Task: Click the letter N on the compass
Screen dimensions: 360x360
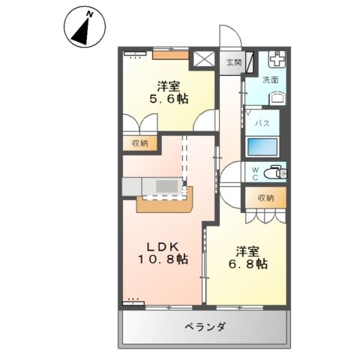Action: (90, 14)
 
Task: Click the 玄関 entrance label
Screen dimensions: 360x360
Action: (234, 62)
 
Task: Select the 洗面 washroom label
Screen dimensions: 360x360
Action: (271, 79)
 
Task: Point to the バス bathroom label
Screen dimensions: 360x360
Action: (262, 123)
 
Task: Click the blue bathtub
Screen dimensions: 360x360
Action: (262, 147)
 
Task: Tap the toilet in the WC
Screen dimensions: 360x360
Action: (276, 172)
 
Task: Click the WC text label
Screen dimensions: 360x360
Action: (255, 173)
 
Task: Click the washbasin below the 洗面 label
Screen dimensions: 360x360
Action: (277, 98)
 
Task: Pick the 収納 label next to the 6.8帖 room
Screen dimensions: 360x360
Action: (266, 198)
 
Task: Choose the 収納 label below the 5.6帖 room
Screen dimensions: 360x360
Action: (140, 143)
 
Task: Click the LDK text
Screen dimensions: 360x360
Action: (163, 247)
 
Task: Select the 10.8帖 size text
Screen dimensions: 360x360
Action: (163, 259)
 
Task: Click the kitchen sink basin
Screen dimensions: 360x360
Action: (167, 186)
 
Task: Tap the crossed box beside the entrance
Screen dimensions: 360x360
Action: (204, 59)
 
